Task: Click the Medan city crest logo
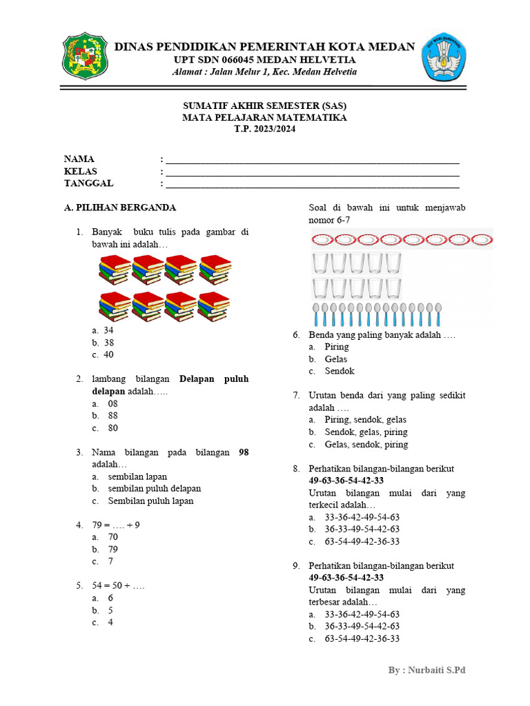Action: pos(86,56)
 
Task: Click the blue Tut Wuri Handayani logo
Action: pos(442,56)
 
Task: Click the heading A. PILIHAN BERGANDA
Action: pos(119,208)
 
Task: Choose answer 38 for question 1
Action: pos(108,343)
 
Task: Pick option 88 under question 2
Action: pos(112,416)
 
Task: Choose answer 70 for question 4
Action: pos(112,537)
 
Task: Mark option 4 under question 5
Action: pos(110,623)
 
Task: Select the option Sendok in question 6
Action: pos(340,371)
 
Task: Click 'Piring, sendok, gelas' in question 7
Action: pos(365,419)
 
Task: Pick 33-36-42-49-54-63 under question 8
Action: pos(362,517)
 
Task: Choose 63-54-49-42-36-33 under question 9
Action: pos(362,638)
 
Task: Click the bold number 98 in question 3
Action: pos(243,452)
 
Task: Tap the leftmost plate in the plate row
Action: pos(322,239)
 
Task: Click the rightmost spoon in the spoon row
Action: pos(436,313)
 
